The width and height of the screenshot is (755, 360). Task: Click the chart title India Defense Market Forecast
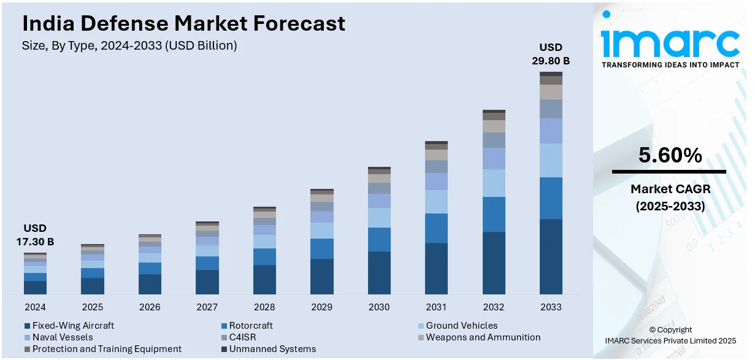[183, 24]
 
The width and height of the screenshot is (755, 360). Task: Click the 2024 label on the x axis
[35, 307]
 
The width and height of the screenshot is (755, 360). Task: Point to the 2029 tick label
[321, 307]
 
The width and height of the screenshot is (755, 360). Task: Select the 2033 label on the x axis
[551, 307]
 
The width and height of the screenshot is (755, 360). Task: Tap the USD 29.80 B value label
[551, 54]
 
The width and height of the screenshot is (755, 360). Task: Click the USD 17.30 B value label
[35, 235]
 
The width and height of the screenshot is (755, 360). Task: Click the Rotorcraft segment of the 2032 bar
[494, 214]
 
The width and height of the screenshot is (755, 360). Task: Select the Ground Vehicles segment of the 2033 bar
[551, 160]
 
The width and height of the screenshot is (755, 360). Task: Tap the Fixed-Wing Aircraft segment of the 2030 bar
[379, 273]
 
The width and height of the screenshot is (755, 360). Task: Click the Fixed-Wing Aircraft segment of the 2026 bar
[150, 284]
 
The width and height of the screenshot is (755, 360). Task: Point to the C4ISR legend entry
[242, 337]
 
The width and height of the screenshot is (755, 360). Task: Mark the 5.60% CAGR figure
[670, 156]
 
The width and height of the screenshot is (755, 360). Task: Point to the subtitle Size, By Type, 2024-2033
[129, 45]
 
